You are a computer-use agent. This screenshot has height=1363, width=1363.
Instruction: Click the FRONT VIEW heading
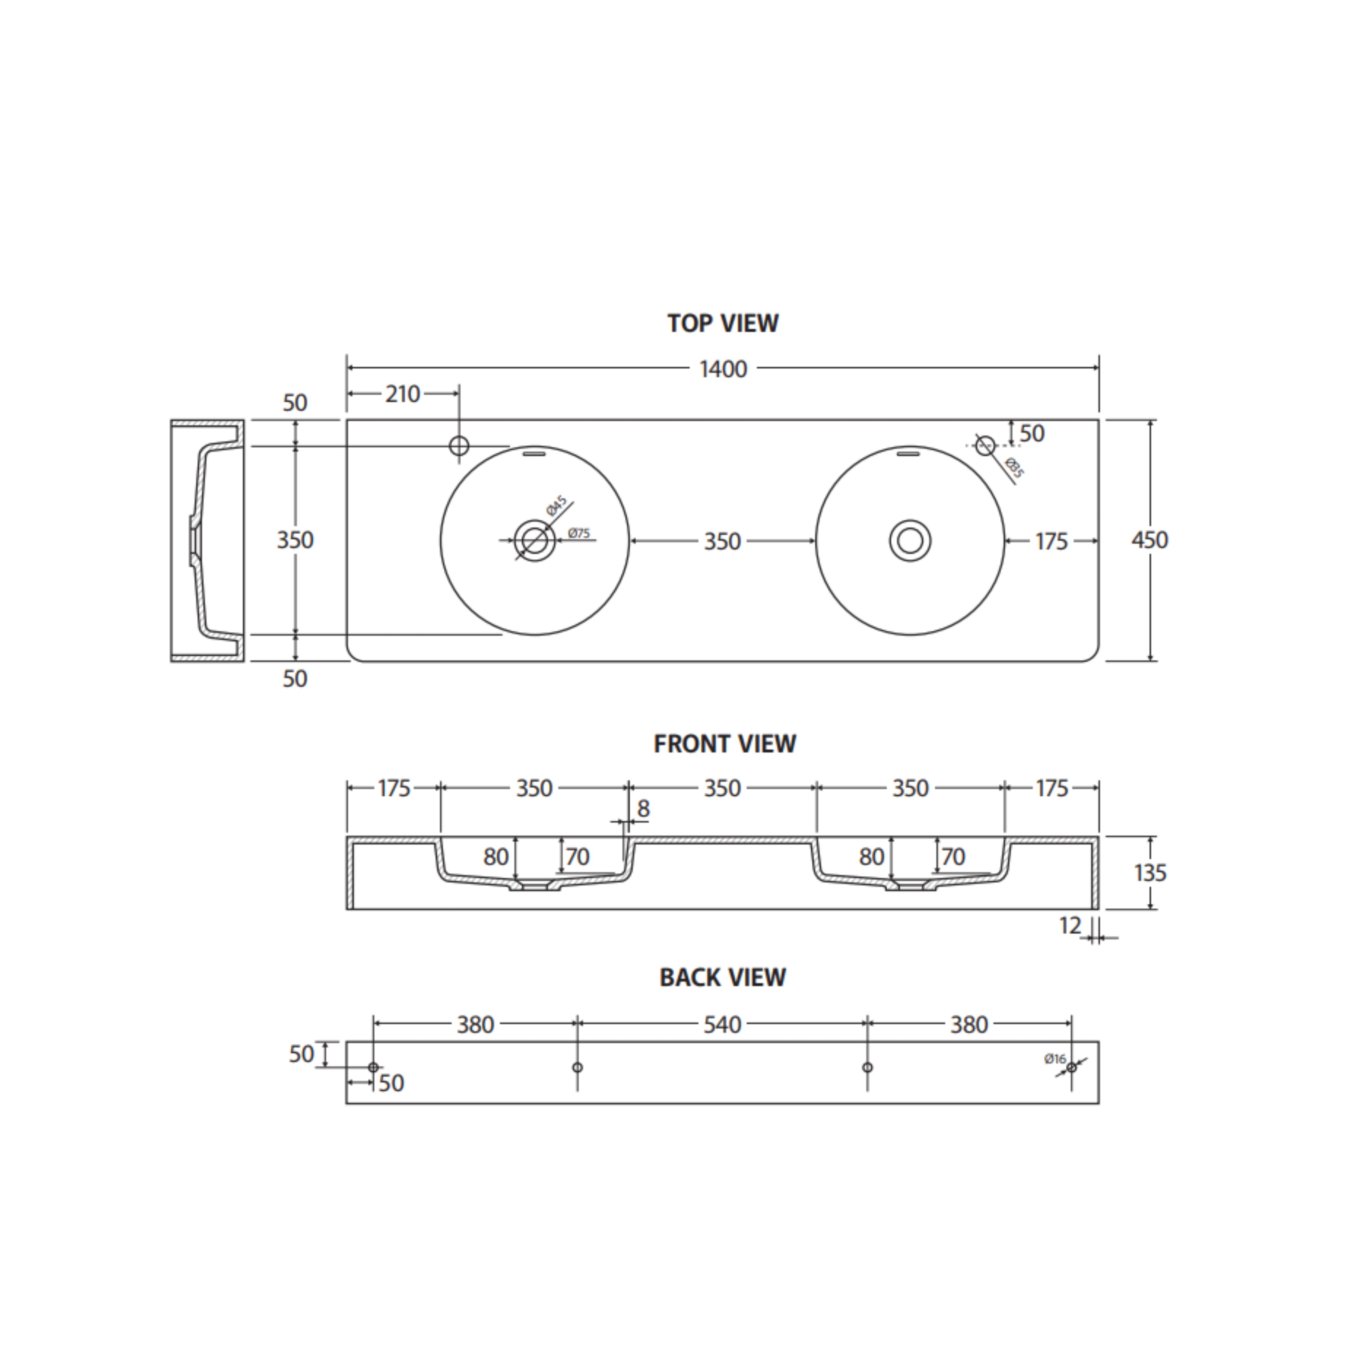(724, 744)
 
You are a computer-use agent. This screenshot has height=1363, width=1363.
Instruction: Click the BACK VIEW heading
(722, 977)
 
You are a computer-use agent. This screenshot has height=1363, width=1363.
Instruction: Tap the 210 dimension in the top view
(402, 394)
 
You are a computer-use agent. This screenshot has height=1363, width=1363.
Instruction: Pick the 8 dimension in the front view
(643, 809)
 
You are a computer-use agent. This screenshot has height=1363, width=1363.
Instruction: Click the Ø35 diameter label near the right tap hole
(1014, 468)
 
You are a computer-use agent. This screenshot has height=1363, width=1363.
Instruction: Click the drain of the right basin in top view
(910, 541)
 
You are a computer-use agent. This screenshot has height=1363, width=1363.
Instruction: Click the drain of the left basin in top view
(535, 541)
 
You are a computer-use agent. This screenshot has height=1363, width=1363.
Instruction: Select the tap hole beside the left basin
(459, 445)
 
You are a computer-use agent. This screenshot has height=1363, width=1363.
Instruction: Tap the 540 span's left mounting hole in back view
(577, 1068)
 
